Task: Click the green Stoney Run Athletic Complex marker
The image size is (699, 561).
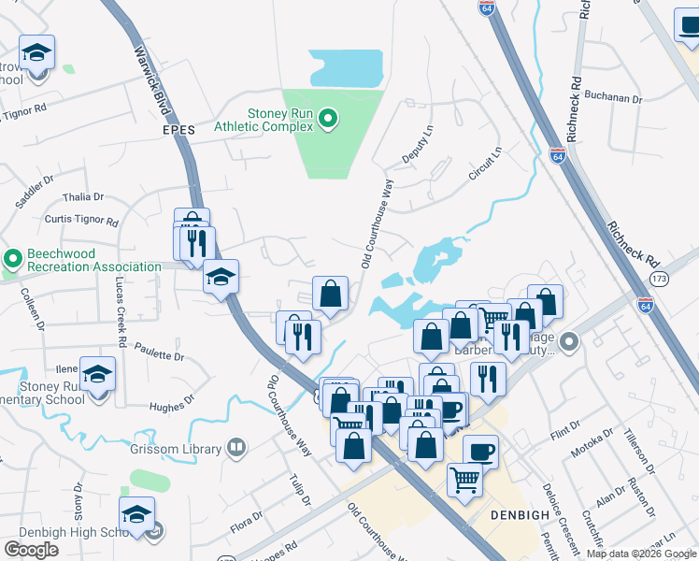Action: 327,119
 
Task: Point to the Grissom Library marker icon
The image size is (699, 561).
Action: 237,448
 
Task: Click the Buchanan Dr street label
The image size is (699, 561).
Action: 613,97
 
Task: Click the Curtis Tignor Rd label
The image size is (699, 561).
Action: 81,223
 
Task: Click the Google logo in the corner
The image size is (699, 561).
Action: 32,550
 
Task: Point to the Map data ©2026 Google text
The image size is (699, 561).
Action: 641,554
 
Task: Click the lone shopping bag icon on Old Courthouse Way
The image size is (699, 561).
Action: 330,294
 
